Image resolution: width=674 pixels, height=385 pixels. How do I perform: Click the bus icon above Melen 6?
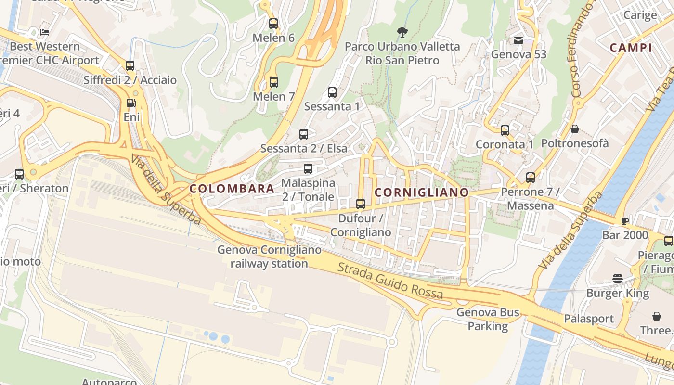click(273, 23)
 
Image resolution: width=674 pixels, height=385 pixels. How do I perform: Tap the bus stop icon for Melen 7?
click(274, 82)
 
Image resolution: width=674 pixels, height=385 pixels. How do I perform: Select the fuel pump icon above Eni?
click(130, 103)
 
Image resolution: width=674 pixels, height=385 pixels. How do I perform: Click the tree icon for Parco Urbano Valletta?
click(402, 32)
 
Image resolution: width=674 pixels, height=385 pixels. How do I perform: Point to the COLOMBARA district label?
click(232, 189)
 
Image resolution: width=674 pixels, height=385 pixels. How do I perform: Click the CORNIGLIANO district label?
click(421, 192)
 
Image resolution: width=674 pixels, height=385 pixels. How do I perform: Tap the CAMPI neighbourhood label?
click(631, 48)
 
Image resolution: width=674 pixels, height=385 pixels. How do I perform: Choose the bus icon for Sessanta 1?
click(332, 92)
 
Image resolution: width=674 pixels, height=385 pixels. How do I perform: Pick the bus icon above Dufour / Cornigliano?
click(361, 204)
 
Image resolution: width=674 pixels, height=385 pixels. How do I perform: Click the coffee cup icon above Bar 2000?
click(625, 221)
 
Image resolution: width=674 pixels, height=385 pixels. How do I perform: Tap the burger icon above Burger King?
click(618, 279)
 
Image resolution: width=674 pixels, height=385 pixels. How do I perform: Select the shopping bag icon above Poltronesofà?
click(574, 129)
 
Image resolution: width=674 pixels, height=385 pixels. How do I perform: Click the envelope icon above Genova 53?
click(518, 40)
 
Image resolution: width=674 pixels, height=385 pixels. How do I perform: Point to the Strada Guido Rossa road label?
click(390, 281)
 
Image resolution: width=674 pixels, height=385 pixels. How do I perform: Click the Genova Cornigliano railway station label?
click(269, 257)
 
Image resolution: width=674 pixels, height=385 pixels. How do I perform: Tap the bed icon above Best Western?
click(45, 32)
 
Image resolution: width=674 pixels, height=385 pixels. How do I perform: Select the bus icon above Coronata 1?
click(505, 130)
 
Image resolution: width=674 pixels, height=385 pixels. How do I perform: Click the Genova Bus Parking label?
click(488, 319)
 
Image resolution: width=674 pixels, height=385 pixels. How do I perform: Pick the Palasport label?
click(589, 319)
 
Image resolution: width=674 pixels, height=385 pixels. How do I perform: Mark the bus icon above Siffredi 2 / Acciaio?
click(130, 66)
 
